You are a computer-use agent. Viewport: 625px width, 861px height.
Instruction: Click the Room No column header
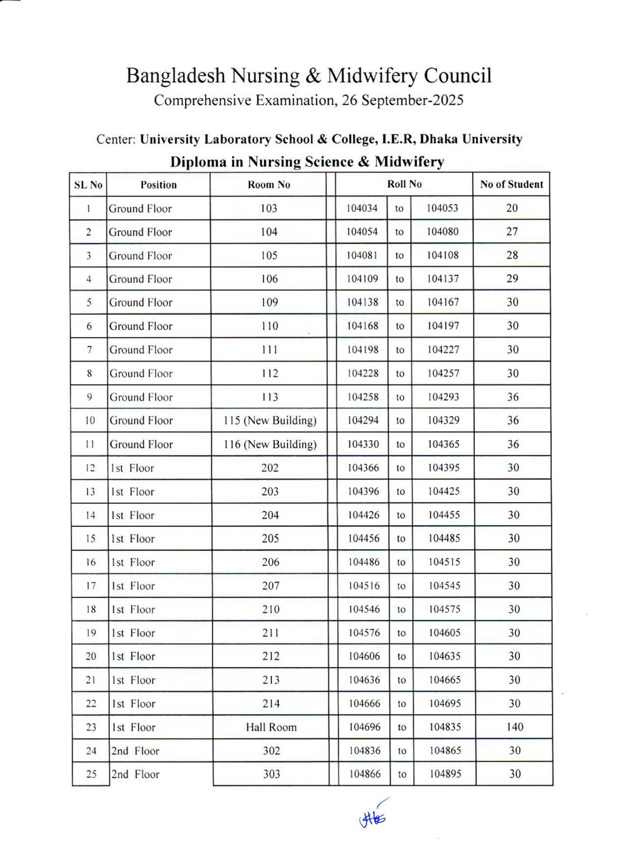point(269,185)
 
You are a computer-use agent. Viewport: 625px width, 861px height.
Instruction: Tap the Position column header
point(159,185)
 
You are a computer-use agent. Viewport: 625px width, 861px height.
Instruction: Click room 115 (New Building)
point(270,421)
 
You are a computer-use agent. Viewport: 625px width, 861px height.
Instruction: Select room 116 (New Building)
point(270,444)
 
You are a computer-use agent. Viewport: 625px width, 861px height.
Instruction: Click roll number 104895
point(445,774)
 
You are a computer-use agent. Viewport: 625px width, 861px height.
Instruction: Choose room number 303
point(271,774)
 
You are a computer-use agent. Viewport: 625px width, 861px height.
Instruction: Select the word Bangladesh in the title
point(175,75)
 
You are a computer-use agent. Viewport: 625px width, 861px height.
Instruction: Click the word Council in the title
point(457,75)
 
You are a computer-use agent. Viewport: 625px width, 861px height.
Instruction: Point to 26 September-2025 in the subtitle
point(402,100)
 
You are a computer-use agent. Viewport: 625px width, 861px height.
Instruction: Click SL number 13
point(90,492)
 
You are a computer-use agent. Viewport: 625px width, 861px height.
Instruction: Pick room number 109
point(269,302)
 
